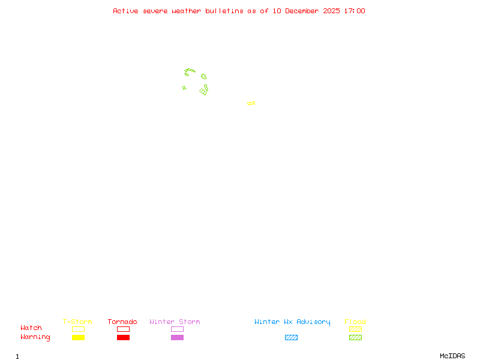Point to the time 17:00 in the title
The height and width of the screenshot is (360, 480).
(355, 11)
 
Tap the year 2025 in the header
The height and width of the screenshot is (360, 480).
(332, 11)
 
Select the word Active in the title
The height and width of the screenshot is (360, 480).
(126, 11)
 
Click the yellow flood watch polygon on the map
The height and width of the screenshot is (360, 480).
(251, 103)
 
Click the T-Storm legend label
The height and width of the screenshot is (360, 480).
(77, 322)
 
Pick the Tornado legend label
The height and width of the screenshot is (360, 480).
(122, 322)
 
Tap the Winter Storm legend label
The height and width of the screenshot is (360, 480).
(175, 322)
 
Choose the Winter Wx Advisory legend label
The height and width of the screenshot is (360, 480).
(292, 322)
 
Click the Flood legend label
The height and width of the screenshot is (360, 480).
(355, 322)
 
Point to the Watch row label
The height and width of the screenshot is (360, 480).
(31, 328)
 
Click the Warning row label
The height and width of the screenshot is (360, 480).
(35, 337)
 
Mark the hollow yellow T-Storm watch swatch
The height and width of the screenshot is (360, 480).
(78, 329)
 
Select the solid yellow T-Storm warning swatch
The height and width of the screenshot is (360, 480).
(78, 337)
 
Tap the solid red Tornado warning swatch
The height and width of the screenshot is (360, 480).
(123, 337)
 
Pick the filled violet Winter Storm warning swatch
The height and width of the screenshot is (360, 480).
(177, 337)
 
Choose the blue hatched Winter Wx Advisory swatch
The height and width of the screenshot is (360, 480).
(291, 337)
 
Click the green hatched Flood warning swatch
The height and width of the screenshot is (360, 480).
(355, 337)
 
